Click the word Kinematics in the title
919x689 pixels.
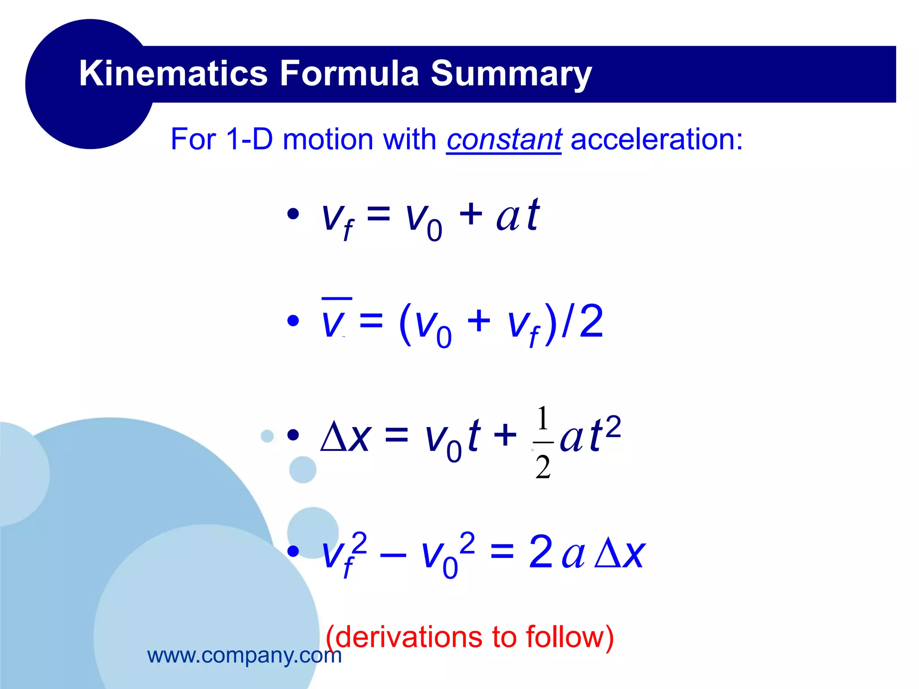click(x=173, y=73)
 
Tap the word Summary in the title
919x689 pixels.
click(x=511, y=74)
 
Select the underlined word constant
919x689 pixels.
click(x=503, y=140)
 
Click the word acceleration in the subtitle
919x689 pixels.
click(x=656, y=139)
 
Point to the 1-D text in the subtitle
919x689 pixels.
click(x=249, y=139)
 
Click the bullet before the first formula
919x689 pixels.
click(x=293, y=214)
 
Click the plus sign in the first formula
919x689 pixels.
click(x=471, y=214)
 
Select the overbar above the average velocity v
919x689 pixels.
click(x=337, y=298)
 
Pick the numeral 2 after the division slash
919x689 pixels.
click(x=591, y=322)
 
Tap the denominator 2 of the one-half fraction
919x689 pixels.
click(x=543, y=467)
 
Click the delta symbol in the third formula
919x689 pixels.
click(x=334, y=437)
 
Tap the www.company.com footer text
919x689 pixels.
click(x=244, y=655)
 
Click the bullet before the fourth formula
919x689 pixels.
click(x=293, y=551)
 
